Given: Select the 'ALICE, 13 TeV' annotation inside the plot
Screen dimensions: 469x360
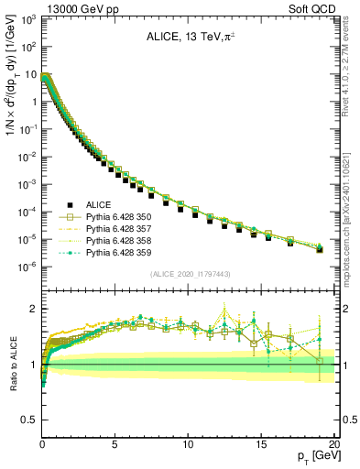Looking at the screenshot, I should coord(187,38).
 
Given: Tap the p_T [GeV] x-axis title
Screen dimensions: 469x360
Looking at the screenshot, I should coord(311,455).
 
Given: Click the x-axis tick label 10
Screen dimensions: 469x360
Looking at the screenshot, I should coord(188,443).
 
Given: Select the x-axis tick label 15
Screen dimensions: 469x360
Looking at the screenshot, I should coord(261,443).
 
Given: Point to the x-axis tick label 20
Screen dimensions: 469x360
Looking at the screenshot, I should coord(333,443).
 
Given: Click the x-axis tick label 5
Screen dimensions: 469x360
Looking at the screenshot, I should coord(115,443).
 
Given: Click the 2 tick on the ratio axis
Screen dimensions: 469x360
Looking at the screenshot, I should coord(32,309).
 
